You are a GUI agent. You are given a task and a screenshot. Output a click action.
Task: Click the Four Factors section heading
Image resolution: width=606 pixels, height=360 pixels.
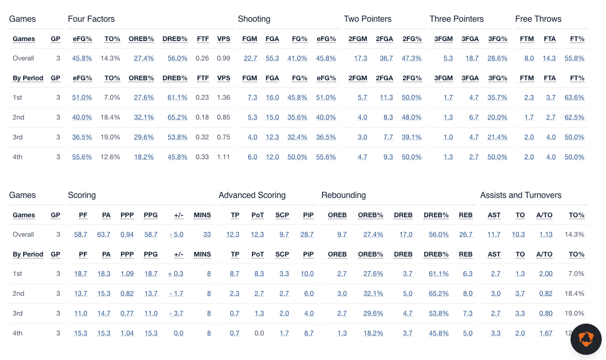(91, 19)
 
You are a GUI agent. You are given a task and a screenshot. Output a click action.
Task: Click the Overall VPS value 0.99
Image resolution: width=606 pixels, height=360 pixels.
(224, 58)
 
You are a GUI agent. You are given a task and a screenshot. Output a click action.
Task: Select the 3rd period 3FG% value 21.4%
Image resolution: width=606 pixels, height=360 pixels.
(498, 137)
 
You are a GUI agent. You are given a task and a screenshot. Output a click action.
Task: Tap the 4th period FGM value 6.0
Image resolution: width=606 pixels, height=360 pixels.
(252, 157)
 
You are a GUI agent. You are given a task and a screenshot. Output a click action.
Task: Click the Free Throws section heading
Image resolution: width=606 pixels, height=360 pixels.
(538, 19)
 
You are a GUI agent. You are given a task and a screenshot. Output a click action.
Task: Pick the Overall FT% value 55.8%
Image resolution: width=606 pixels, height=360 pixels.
(574, 58)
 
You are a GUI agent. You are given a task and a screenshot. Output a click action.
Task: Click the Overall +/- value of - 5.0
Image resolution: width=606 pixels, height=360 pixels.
(176, 234)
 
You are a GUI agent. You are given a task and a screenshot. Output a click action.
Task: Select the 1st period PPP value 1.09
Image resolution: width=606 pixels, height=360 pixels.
(127, 274)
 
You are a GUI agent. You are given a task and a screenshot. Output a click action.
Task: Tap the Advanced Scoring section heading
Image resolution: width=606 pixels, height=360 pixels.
(252, 195)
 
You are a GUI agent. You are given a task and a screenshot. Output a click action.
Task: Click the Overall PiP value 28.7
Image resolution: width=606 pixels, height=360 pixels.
(307, 234)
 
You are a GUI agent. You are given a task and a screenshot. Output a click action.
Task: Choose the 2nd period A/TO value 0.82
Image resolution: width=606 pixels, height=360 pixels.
(545, 293)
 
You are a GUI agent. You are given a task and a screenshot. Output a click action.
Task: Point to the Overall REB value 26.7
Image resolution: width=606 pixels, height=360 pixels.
(466, 234)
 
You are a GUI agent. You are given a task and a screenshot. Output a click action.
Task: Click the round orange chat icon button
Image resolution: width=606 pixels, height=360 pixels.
(586, 339)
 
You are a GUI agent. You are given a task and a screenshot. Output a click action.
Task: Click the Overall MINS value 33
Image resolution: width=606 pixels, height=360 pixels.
(207, 234)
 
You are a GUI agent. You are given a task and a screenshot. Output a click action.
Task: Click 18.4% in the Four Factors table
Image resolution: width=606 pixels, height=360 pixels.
(110, 117)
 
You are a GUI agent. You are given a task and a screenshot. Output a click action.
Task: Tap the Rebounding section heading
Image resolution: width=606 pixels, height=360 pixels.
(343, 195)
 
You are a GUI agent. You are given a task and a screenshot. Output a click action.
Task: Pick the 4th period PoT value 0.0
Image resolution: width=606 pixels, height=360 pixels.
(259, 333)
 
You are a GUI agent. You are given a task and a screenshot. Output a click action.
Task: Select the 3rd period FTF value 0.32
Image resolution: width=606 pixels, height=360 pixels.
(202, 137)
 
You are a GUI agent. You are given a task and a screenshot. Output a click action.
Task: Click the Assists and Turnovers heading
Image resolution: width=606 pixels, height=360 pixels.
(520, 195)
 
